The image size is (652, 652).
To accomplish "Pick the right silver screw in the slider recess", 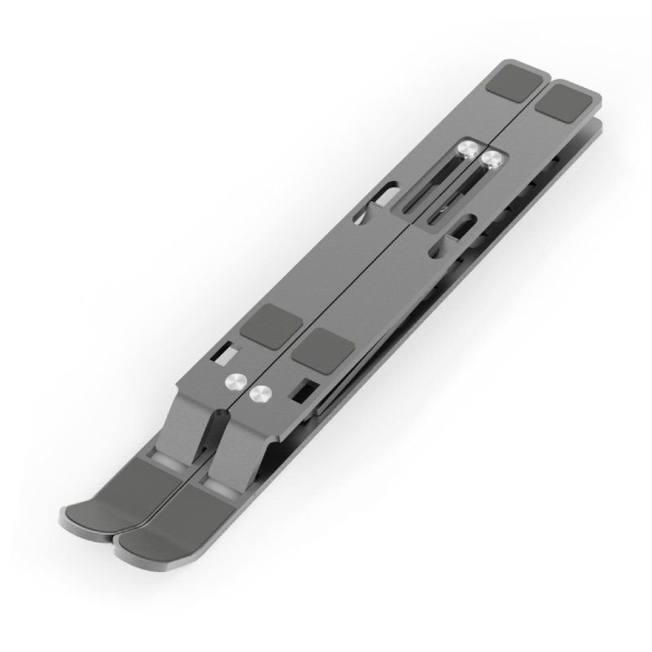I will pos(491,159).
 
